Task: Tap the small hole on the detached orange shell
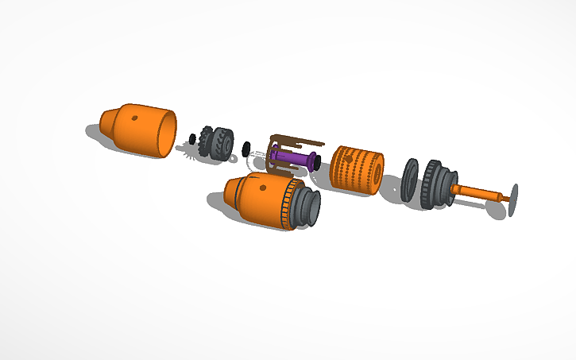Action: click(x=133, y=118)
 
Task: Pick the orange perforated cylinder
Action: click(x=354, y=167)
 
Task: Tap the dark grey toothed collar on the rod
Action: click(x=435, y=186)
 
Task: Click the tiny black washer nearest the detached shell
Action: click(x=192, y=138)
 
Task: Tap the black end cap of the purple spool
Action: click(x=317, y=162)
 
